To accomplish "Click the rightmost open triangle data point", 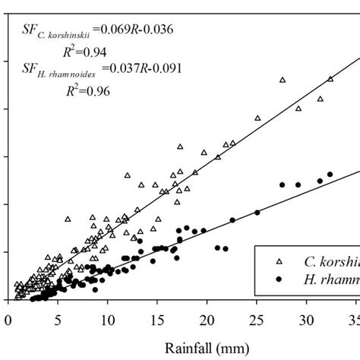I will point(330,79).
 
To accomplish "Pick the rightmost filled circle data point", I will point(330,175).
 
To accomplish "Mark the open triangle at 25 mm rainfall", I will point(257,118).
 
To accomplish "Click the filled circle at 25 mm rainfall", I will point(257,213).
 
